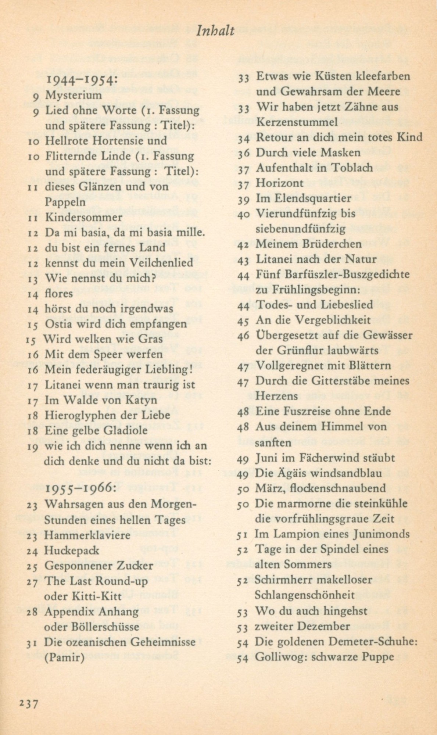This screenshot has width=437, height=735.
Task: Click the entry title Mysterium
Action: click(73, 96)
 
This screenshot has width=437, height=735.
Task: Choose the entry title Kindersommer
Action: click(83, 217)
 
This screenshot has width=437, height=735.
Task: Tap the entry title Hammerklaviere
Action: click(87, 535)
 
